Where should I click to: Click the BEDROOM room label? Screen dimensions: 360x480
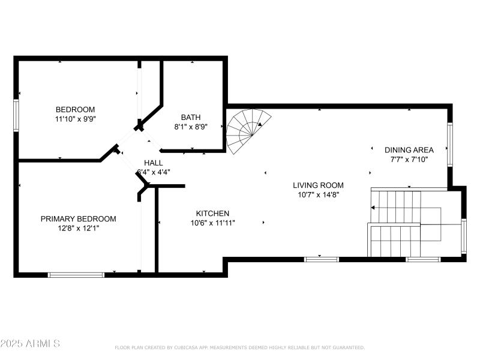coord(75,109)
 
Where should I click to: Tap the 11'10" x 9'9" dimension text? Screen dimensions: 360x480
coord(75,119)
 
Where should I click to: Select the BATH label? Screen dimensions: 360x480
coord(191,118)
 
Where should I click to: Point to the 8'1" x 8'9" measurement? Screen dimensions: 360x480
coord(191,127)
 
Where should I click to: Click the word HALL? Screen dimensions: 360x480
coord(154,163)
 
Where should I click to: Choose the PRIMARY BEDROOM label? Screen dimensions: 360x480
coord(78,219)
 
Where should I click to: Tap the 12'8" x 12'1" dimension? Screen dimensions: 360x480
coord(78,228)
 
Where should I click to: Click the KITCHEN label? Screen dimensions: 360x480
coord(212,214)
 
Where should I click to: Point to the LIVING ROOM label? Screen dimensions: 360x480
coord(318,185)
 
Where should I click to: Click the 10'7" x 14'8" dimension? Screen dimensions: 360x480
coord(318,195)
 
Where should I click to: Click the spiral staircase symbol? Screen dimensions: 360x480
coord(246,131)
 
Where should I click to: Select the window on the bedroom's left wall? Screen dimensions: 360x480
coord(17,114)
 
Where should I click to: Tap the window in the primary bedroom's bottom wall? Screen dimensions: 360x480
coord(76,275)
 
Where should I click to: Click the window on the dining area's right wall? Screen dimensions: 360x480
coord(449,145)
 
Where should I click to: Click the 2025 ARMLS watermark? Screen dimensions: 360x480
coord(30,344)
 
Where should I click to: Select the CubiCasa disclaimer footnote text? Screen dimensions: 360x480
coord(239,347)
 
